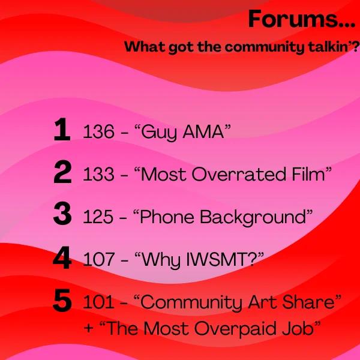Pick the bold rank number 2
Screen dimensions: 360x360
coord(62,172)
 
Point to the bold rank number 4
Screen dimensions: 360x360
coord(62,257)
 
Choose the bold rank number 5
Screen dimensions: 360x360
coord(62,300)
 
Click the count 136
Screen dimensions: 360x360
coord(98,131)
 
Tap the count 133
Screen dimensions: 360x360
coord(98,174)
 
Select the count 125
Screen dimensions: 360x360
coord(98,217)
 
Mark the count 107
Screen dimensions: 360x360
coord(98,259)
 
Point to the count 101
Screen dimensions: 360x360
coord(98,302)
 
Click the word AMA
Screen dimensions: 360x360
coord(203,132)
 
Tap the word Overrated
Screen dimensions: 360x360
coord(239,174)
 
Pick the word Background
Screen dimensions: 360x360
coord(253,217)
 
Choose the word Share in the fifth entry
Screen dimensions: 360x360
coord(308,302)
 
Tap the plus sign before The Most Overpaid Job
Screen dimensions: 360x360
coord(88,328)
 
